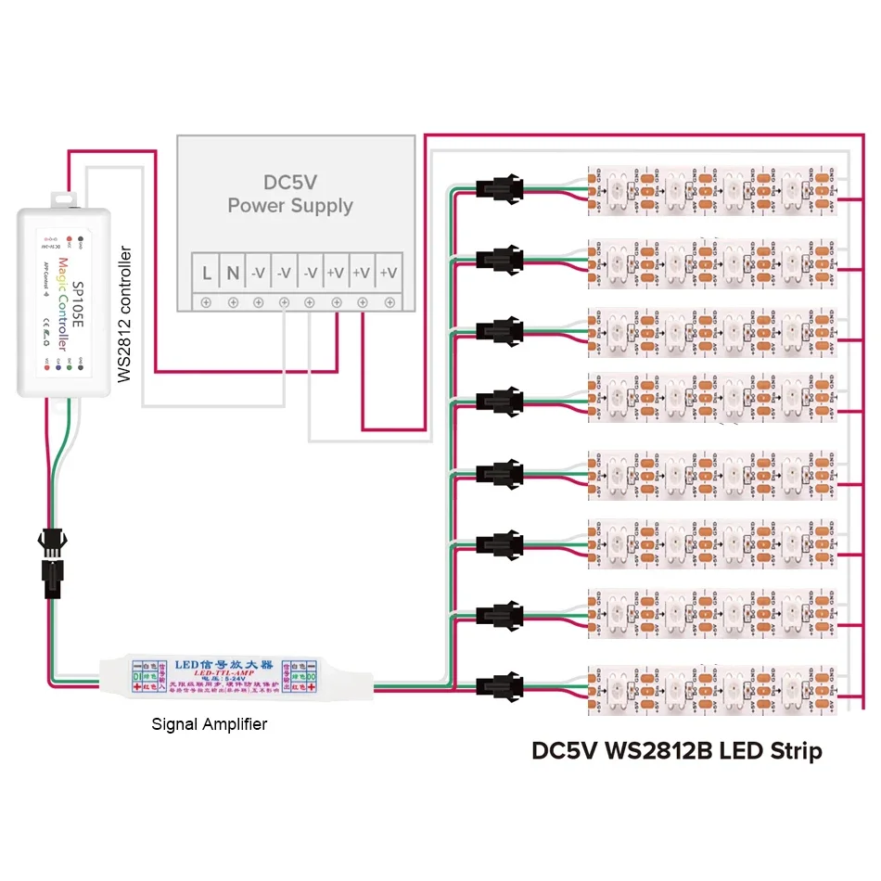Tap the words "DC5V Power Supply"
click(290, 193)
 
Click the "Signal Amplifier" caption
click(210, 724)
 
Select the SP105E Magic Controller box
click(64, 302)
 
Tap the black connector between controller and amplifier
click(50, 555)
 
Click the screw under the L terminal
click(206, 302)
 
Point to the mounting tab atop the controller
click(63, 198)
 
